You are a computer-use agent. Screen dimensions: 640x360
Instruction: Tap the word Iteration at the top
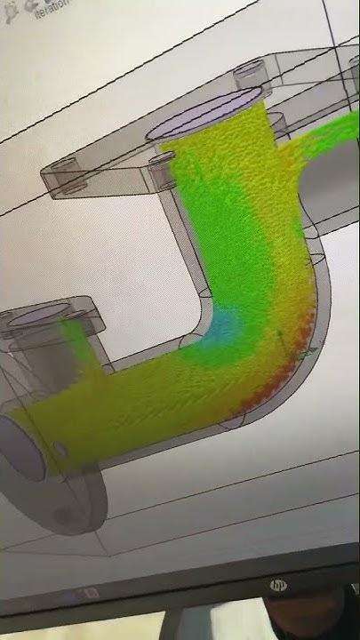point(52,11)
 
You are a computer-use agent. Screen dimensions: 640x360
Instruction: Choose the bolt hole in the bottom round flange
point(64,514)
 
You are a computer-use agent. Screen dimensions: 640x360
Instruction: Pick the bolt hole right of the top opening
point(278,119)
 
